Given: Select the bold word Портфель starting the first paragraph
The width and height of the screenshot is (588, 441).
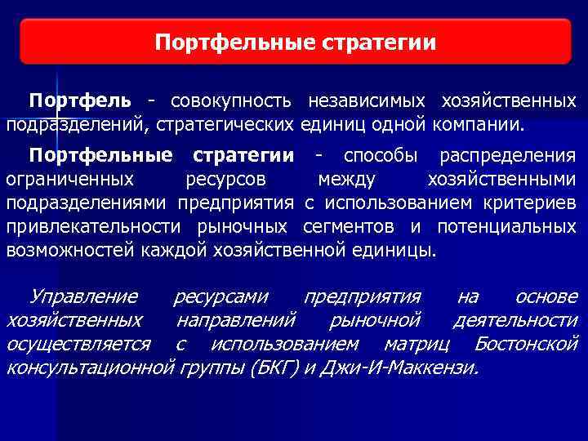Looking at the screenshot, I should click(80, 101).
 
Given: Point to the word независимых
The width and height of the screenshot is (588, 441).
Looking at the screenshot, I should click(367, 101).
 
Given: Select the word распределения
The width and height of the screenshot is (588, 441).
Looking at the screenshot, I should click(507, 155).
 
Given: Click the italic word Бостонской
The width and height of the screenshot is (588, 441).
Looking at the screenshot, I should click(526, 343).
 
